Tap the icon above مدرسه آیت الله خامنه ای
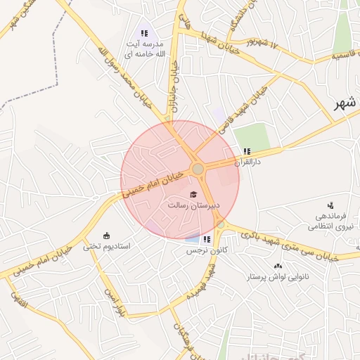(x=144, y=33)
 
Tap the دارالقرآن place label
(x=248, y=162)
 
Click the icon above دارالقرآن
(x=246, y=151)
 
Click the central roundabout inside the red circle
(x=198, y=169)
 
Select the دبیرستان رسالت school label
(x=193, y=205)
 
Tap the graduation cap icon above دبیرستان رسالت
(x=193, y=194)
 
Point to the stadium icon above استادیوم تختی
(x=106, y=235)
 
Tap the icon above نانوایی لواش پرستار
(x=278, y=266)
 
